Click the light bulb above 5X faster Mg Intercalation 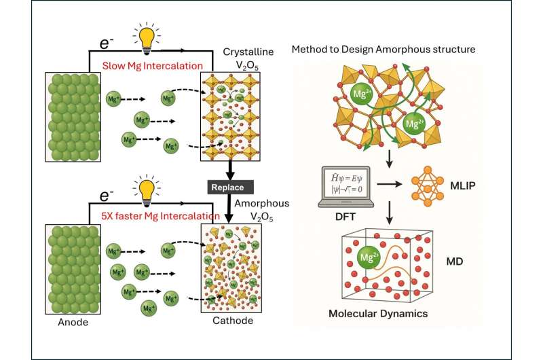(145, 181)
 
